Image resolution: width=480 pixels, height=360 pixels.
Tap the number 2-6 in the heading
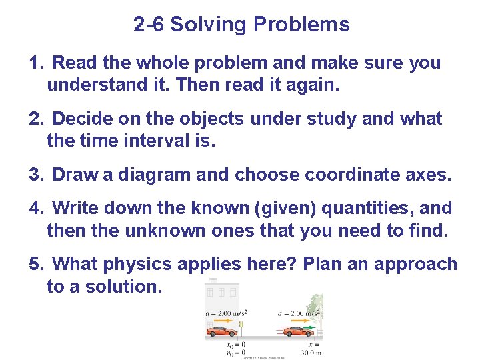point(149,25)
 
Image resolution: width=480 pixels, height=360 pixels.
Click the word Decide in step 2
point(83,119)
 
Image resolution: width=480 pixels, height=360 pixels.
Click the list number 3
point(35,175)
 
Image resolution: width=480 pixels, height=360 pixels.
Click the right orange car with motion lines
point(298,331)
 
